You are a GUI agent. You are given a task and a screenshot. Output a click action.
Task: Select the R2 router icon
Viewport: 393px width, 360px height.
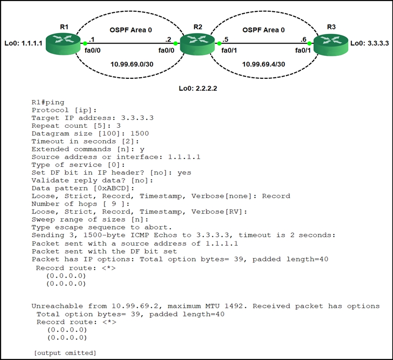pos(197,44)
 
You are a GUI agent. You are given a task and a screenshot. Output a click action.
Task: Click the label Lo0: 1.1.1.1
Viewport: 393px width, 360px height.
pos(23,44)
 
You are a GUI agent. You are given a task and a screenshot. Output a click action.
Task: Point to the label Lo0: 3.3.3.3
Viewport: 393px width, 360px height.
pos(369,44)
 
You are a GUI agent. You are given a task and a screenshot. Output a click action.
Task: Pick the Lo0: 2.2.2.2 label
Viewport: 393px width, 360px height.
pos(197,88)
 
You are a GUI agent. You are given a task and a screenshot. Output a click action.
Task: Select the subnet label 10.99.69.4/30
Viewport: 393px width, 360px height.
pos(263,64)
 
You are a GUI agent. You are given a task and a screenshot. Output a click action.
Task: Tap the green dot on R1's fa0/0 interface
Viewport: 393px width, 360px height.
pos(85,44)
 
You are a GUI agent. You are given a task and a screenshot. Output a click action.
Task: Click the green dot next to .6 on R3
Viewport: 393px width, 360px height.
pos(310,44)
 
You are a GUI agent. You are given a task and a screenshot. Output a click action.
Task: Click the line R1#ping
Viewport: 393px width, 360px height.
pos(48,102)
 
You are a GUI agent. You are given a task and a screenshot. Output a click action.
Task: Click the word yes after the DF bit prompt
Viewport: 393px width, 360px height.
pos(184,173)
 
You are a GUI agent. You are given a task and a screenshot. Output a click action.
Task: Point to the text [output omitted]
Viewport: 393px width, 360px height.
pos(65,353)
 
